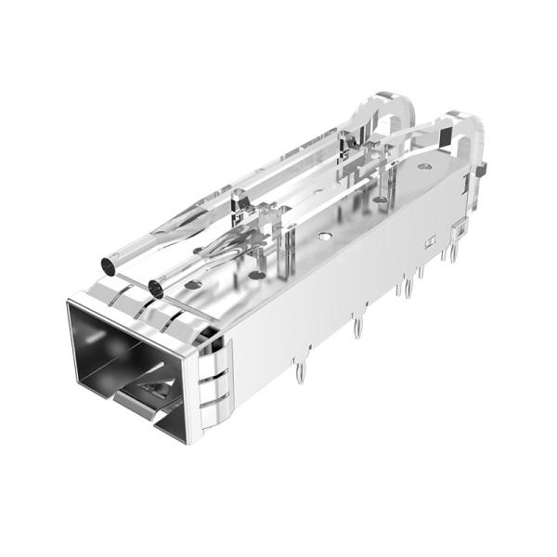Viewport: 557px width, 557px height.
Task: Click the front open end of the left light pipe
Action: click(110, 267)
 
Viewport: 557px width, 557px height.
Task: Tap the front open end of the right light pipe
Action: click(155, 288)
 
